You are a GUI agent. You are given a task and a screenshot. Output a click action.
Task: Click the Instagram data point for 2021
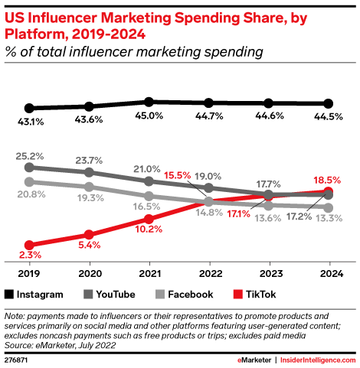coord(149,102)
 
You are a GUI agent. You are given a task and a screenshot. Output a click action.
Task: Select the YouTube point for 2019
coord(29,167)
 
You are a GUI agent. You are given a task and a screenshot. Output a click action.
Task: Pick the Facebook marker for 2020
coord(90,187)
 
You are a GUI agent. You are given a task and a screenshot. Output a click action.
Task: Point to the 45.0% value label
coord(149,116)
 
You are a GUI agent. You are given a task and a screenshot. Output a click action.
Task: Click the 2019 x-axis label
coord(29,274)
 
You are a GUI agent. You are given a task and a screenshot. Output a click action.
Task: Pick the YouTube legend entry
coord(110,294)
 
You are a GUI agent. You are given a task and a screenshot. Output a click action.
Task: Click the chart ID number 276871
coord(17,358)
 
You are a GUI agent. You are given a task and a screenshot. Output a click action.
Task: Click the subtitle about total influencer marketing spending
coord(134,51)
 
